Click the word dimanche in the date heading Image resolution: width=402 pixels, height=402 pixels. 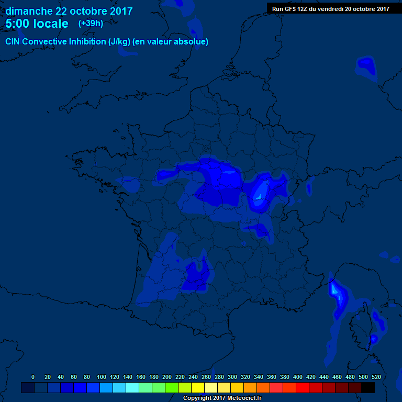(x=28, y=11)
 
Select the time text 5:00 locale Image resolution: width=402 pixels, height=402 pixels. (x=37, y=24)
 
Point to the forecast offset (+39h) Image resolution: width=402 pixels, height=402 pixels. (x=91, y=24)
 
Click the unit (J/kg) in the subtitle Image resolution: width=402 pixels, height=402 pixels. (x=120, y=42)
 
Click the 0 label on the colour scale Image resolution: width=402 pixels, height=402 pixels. (x=33, y=377)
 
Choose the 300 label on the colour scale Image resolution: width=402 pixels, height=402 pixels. (x=232, y=377)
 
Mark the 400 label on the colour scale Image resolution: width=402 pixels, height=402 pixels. (x=298, y=377)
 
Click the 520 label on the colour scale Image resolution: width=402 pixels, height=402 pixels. (x=376, y=377)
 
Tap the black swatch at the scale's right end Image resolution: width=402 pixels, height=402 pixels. (x=368, y=388)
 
